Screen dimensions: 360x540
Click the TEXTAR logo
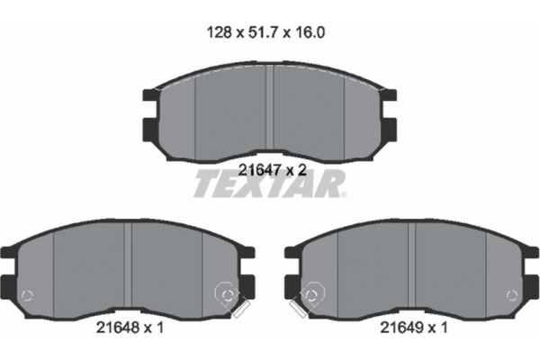[x=269, y=185]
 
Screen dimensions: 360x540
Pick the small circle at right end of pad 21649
[x=513, y=294]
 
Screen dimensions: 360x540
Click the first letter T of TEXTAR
[x=204, y=185]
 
